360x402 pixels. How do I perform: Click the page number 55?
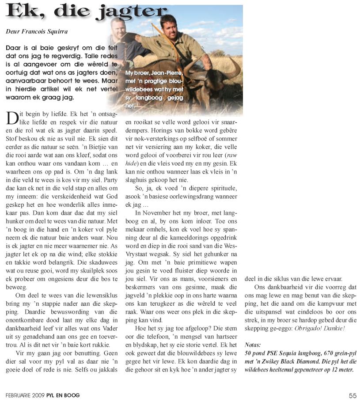pos(352,395)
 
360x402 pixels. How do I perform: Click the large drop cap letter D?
pos(12,118)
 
